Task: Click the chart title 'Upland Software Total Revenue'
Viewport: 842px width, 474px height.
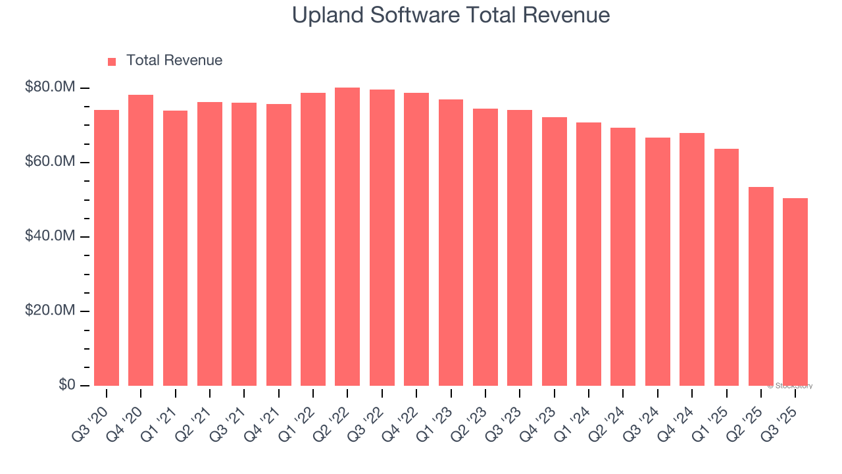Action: (451, 15)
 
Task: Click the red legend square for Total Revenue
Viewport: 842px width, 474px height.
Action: (112, 61)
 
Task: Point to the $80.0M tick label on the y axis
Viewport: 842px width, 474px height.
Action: (50, 87)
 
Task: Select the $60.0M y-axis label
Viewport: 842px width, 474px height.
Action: (50, 161)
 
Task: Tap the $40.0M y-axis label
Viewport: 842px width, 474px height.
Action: (50, 236)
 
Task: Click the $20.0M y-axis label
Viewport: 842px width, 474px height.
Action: (50, 310)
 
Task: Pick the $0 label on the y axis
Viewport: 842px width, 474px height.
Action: (66, 384)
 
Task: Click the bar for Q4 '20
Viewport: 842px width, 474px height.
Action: (141, 240)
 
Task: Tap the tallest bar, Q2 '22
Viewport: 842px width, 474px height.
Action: (347, 236)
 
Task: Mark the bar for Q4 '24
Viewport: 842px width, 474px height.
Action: (692, 259)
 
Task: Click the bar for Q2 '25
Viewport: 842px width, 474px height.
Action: (761, 286)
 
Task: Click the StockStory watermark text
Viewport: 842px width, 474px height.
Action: (791, 386)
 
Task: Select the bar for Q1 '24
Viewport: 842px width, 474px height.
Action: (589, 254)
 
